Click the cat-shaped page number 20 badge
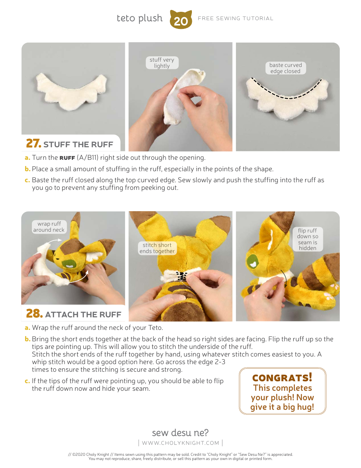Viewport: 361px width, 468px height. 181,20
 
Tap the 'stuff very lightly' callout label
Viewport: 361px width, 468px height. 162,63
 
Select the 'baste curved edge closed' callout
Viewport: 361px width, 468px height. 285,68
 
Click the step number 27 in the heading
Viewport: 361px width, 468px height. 33,144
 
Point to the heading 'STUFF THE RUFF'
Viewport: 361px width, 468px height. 78,145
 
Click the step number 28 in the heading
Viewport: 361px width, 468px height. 34,314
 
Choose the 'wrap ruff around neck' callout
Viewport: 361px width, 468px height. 49,227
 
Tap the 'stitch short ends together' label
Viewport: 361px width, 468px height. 157,248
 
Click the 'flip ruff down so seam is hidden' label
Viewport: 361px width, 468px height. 307,239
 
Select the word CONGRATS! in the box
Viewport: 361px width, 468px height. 282,378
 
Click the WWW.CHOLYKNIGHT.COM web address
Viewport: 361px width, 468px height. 180,443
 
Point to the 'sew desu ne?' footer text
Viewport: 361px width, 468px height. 180,433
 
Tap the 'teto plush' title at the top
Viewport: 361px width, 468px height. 139,18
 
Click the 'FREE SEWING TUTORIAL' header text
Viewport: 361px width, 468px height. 236,18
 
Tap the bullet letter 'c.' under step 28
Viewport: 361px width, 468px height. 27,381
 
